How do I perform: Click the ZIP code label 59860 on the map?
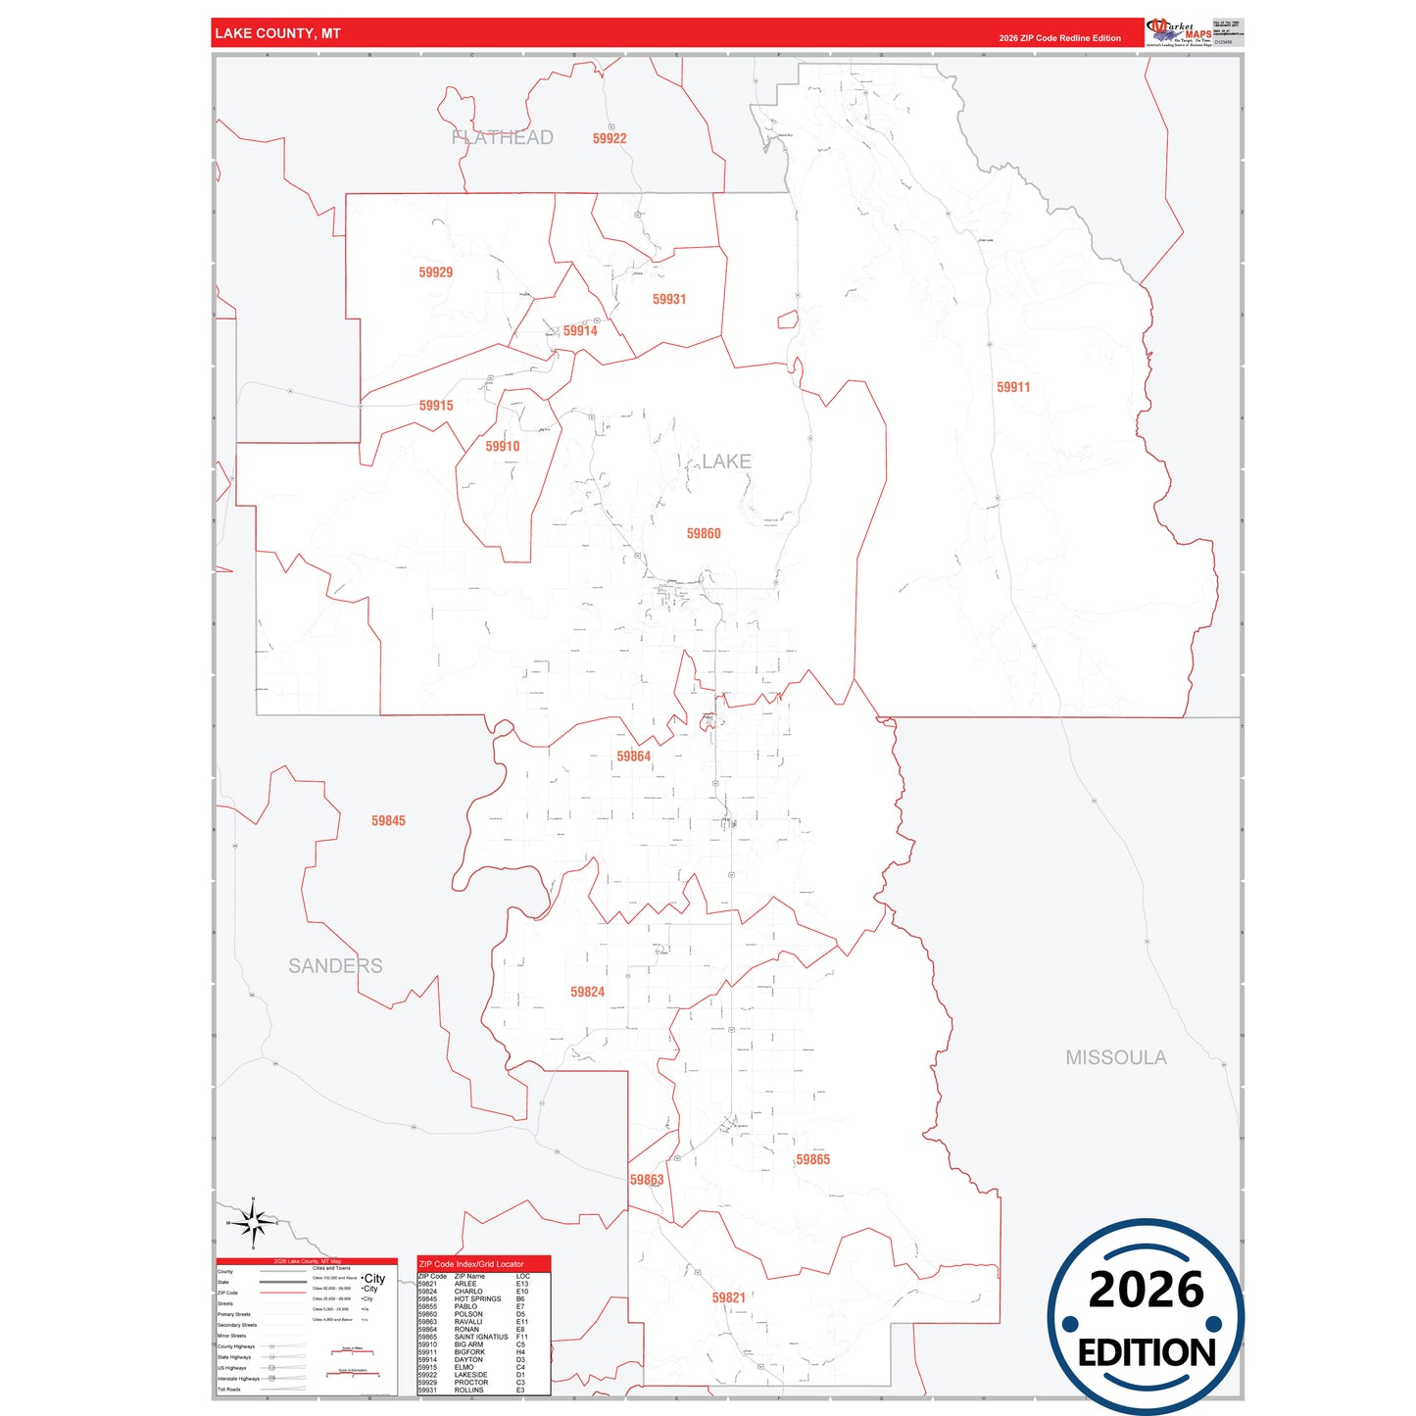704,534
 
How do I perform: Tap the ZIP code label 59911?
1013,387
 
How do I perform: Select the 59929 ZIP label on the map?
435,272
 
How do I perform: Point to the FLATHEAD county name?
503,138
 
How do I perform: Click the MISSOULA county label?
1116,1057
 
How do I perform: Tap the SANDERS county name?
335,966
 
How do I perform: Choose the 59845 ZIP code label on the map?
388,821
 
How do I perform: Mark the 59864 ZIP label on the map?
633,757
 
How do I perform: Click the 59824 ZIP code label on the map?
587,993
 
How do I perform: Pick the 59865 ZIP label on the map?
812,1160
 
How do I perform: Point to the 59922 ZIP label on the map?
610,139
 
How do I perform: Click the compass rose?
253,1223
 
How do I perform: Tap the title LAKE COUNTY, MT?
277,33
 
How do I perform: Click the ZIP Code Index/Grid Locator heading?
471,1264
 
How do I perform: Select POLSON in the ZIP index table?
468,1314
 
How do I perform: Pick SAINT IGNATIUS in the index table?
481,1337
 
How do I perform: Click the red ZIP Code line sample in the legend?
282,1293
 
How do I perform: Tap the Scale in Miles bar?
352,1352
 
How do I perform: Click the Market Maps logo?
1179,33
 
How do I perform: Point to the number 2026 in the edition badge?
1146,1290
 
